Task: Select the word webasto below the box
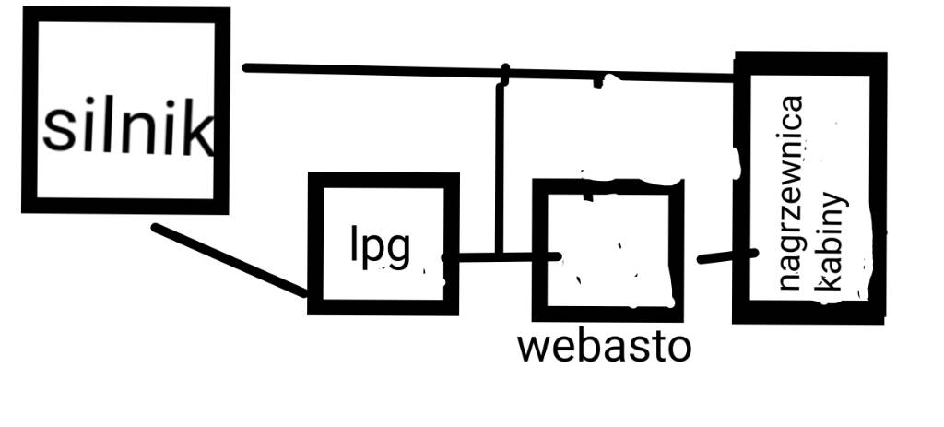point(604,347)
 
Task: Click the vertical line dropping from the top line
point(501,166)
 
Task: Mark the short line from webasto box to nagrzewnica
point(728,256)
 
